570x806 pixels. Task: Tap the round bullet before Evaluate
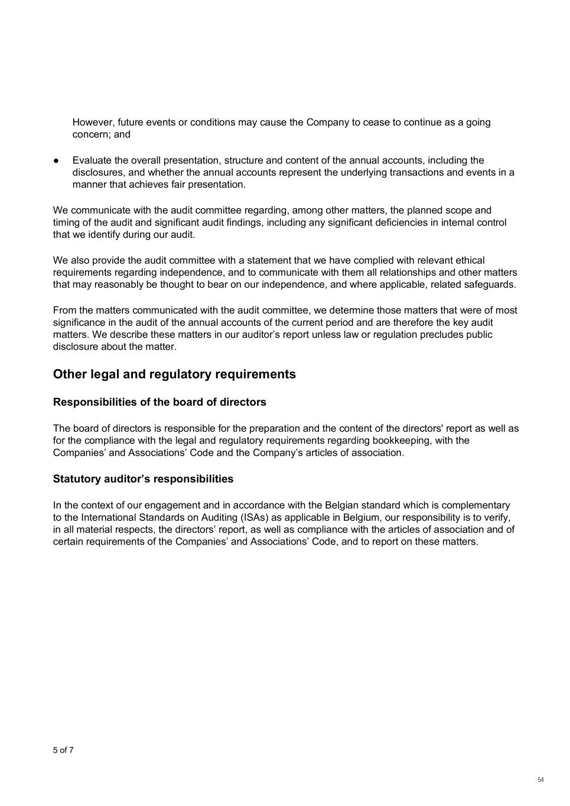click(x=56, y=161)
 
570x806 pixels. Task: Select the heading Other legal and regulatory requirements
click(x=174, y=374)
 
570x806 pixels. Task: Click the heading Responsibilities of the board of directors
click(x=159, y=402)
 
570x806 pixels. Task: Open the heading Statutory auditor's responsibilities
click(x=143, y=479)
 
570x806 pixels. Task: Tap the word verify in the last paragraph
click(x=496, y=517)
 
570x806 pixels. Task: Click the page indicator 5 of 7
click(x=63, y=750)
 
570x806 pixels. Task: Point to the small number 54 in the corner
click(x=540, y=780)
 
